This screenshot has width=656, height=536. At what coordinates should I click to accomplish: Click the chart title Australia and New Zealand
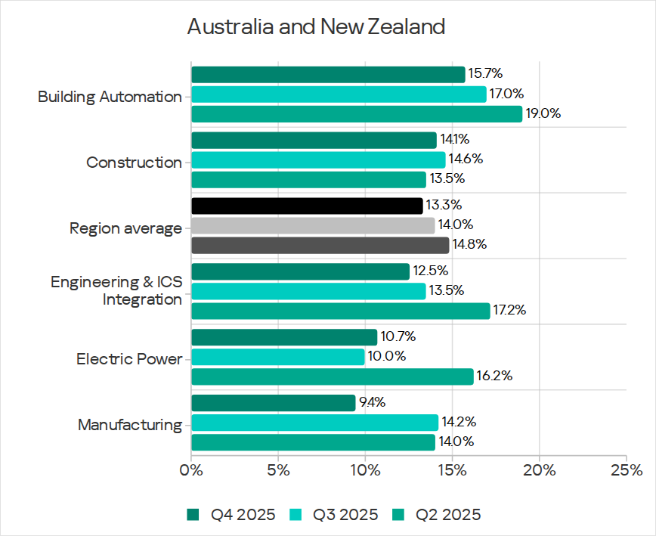click(x=316, y=27)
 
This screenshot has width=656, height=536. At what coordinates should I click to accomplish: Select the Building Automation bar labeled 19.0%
click(x=356, y=114)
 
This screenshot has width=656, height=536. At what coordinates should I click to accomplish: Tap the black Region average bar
click(x=307, y=206)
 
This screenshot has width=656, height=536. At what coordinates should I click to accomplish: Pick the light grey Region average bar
click(x=313, y=225)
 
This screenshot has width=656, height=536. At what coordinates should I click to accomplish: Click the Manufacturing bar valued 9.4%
click(x=273, y=403)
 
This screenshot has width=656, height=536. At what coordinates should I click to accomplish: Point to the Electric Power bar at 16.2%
click(x=332, y=376)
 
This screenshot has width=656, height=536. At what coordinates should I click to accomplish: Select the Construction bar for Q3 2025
click(x=318, y=160)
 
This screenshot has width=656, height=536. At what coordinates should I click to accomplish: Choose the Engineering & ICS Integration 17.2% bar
click(x=340, y=311)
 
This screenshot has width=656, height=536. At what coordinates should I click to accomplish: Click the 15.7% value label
click(x=485, y=73)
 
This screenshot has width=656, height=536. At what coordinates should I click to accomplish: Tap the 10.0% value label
click(x=385, y=356)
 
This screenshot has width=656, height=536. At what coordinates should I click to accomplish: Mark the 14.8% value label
click(x=469, y=245)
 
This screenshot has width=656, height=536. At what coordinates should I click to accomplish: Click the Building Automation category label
click(x=110, y=97)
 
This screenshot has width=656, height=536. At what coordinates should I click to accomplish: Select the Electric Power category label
click(x=129, y=359)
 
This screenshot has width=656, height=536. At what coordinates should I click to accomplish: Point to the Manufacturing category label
click(x=130, y=425)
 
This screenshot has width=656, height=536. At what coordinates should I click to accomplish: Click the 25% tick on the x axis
click(x=626, y=469)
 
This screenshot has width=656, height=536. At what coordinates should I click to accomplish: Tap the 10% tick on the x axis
click(x=365, y=469)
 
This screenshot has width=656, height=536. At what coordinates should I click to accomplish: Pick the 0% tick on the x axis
click(x=192, y=469)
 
